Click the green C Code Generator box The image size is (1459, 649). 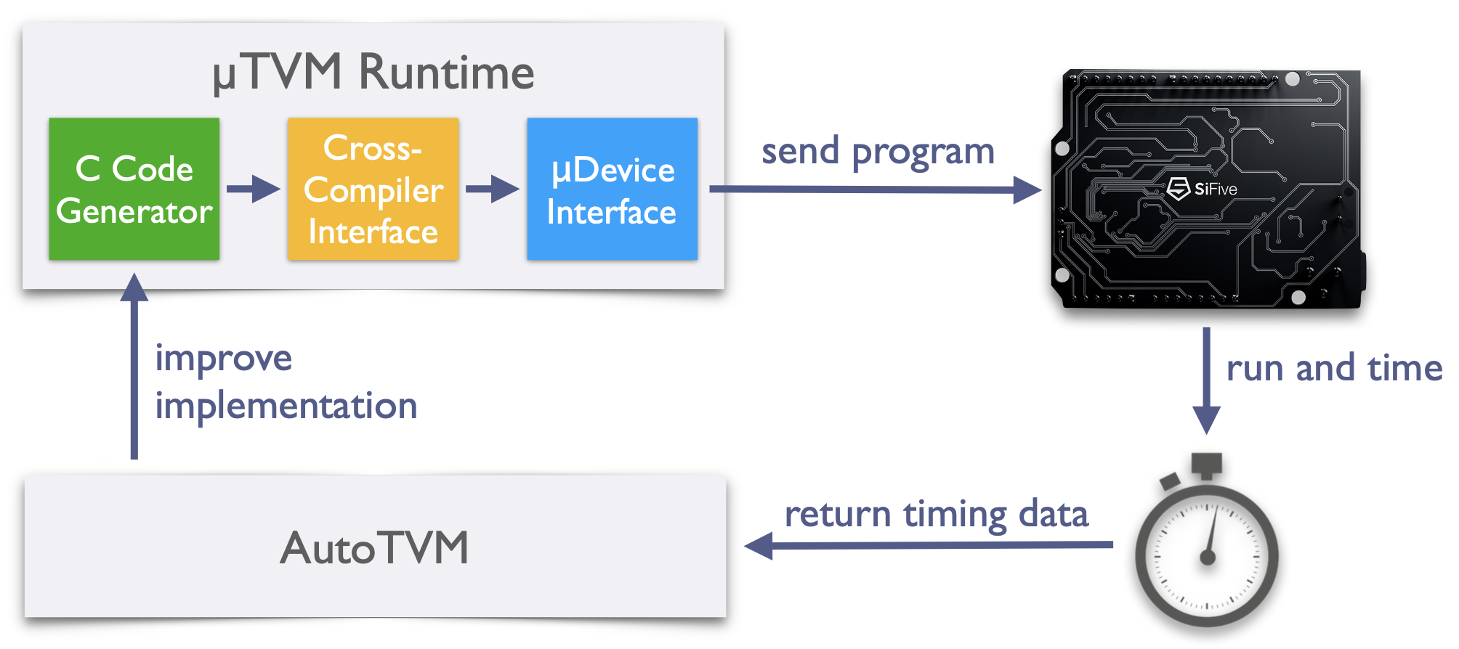click(x=134, y=189)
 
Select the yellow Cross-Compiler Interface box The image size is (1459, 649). click(x=373, y=189)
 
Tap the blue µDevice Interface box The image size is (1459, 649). click(x=613, y=189)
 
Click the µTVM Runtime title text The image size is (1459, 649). click(x=373, y=73)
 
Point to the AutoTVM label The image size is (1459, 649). click(x=375, y=547)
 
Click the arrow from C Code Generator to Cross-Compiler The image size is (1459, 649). click(x=254, y=189)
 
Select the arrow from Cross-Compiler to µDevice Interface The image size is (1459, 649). click(x=493, y=189)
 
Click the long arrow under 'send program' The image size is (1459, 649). click(x=876, y=189)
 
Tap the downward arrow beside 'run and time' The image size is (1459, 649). click(x=1206, y=381)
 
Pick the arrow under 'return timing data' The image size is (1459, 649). click(x=929, y=544)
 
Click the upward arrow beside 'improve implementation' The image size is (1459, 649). click(x=134, y=366)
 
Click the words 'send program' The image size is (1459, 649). click(x=878, y=152)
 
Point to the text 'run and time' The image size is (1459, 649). click(x=1334, y=368)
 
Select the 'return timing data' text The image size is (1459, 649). click(x=937, y=515)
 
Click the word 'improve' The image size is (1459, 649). click(x=224, y=359)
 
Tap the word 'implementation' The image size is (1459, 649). click(x=286, y=406)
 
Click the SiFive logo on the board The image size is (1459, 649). click(x=1202, y=189)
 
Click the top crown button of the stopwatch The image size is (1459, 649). click(x=1206, y=465)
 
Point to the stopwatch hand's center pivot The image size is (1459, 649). click(x=1208, y=558)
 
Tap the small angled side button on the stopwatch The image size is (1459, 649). click(x=1170, y=481)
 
